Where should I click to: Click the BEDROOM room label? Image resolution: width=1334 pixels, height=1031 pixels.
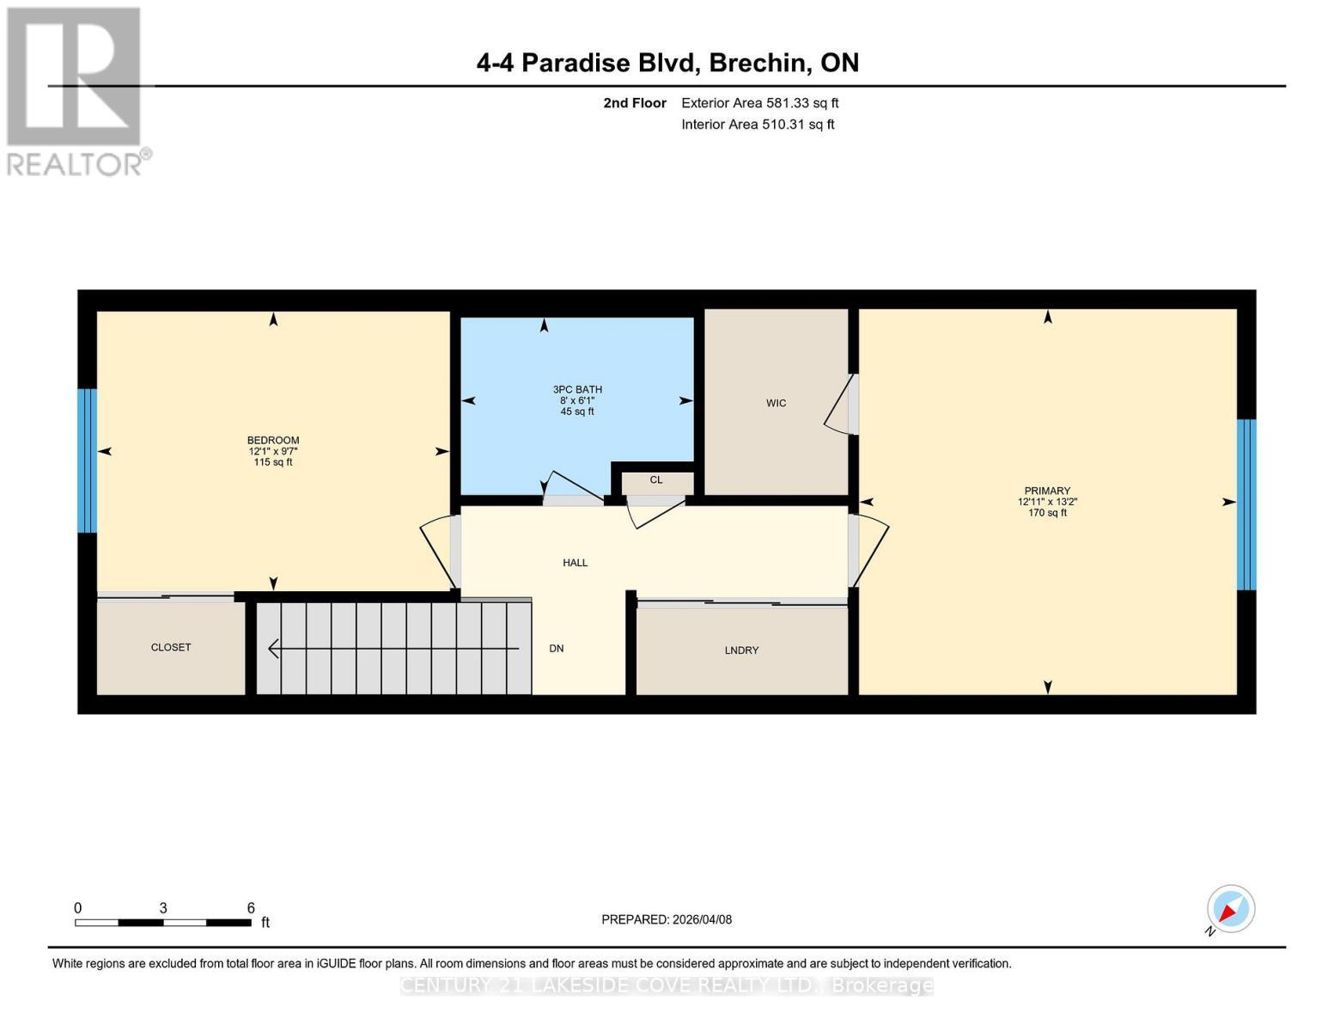click(273, 441)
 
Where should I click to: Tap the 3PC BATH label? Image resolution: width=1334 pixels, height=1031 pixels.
click(577, 389)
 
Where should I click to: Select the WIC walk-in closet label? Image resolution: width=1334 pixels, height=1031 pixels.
click(776, 403)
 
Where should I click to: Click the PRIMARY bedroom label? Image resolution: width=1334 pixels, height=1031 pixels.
click(1046, 491)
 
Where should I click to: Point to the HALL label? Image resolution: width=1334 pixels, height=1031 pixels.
click(575, 563)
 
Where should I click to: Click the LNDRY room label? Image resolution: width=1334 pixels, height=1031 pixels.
click(741, 650)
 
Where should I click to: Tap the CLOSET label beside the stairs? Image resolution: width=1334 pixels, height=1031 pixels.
click(171, 647)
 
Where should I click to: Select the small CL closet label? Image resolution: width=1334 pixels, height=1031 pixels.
click(656, 480)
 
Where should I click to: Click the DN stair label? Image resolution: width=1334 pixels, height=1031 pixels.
click(557, 649)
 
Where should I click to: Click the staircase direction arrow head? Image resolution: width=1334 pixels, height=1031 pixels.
click(273, 649)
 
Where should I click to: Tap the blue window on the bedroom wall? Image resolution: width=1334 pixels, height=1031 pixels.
click(87, 461)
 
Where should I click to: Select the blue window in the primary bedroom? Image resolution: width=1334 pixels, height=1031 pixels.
click(1246, 504)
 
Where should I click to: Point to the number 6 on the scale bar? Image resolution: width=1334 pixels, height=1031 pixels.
click(251, 907)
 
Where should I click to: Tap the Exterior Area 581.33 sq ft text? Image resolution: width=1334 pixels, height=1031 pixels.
click(759, 103)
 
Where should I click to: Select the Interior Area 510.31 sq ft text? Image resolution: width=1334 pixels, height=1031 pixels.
click(758, 125)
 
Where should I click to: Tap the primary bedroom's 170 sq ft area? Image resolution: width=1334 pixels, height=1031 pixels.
click(1046, 513)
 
